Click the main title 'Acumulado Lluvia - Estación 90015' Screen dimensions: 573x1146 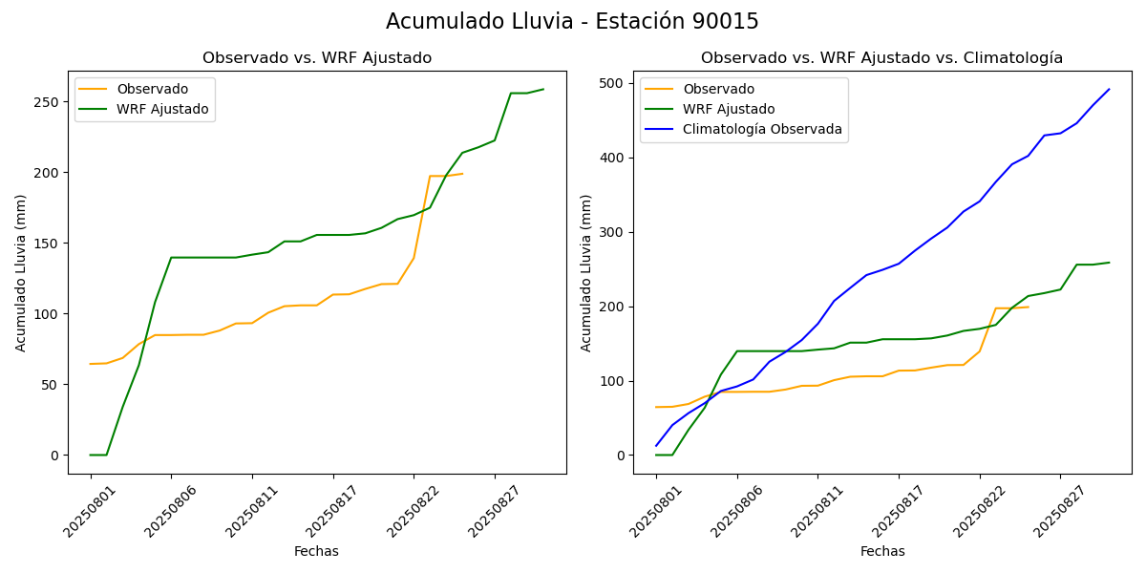(x=572, y=22)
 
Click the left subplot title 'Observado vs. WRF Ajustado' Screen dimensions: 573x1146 (x=317, y=58)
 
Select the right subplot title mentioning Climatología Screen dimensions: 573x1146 (x=881, y=58)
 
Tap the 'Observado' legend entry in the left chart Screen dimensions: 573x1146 (x=151, y=89)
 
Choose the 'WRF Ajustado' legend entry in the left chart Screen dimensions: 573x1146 (x=162, y=109)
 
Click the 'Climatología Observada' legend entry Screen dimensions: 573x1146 (x=762, y=129)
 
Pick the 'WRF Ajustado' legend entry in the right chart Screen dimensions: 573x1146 (x=729, y=109)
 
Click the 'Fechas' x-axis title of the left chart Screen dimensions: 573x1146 (x=316, y=551)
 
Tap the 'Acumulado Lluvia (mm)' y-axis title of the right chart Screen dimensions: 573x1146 (x=586, y=272)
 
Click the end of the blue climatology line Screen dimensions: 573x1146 (x=1109, y=90)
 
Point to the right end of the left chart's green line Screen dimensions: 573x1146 (x=543, y=90)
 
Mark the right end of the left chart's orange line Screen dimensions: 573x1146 (x=462, y=174)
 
